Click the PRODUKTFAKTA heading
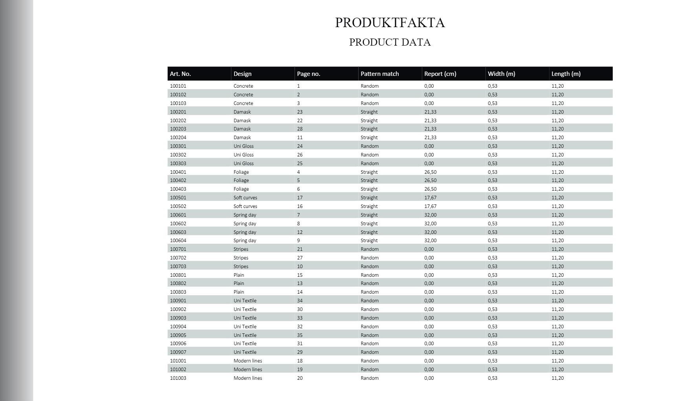click(390, 23)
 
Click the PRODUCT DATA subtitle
click(390, 42)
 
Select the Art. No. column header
click(180, 74)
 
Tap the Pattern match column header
click(379, 74)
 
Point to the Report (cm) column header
click(440, 74)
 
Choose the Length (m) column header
click(566, 74)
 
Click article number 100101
click(178, 86)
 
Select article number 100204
click(178, 138)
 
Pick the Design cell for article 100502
click(245, 206)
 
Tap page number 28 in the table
click(300, 129)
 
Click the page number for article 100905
click(300, 335)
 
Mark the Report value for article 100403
click(430, 189)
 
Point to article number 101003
click(178, 378)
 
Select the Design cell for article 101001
click(247, 361)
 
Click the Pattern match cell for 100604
click(369, 241)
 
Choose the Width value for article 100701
click(492, 249)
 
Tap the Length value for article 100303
click(557, 164)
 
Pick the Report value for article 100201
click(430, 112)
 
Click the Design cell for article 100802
click(238, 283)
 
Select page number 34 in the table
click(300, 301)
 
